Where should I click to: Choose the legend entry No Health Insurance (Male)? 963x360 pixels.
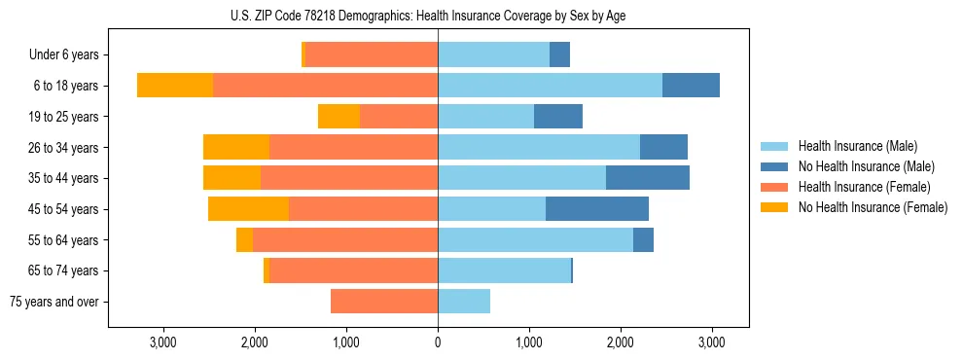[866, 166]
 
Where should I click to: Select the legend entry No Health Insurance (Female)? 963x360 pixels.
[872, 207]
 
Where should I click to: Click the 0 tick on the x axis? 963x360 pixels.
[438, 342]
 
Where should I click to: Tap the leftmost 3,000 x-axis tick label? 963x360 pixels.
[162, 342]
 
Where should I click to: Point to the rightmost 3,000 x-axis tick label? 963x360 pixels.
[712, 342]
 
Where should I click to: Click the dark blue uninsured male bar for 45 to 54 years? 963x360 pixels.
[597, 209]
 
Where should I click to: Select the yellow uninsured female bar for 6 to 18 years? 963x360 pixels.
[175, 86]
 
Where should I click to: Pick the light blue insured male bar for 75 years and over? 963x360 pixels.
[464, 302]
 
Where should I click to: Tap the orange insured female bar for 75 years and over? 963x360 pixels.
[384, 302]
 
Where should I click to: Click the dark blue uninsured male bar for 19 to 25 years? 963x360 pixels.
[558, 117]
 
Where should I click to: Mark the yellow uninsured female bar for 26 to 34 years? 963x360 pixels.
[236, 147]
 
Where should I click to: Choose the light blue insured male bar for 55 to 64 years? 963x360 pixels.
[535, 240]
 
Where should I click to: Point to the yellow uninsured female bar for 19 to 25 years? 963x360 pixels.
[339, 117]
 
